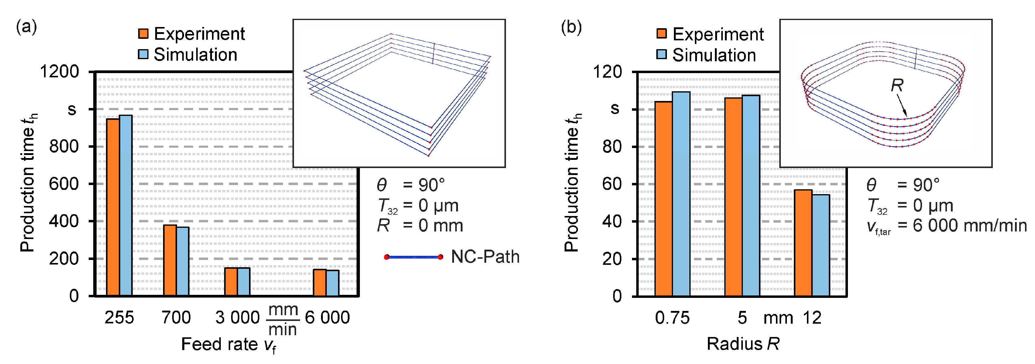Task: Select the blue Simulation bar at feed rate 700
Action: coord(183,261)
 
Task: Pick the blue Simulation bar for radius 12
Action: coord(821,245)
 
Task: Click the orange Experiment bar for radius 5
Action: coord(733,197)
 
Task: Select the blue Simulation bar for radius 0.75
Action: coord(681,194)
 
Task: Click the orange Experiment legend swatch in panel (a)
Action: coord(143,34)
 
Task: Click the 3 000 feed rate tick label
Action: coord(237,318)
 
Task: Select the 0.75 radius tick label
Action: coord(672,318)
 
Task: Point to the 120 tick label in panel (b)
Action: coord(607,72)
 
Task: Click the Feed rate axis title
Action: coord(228,344)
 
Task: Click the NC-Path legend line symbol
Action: coord(413,257)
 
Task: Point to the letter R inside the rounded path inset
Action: coord(897,85)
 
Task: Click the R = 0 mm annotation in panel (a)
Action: coord(420,226)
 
